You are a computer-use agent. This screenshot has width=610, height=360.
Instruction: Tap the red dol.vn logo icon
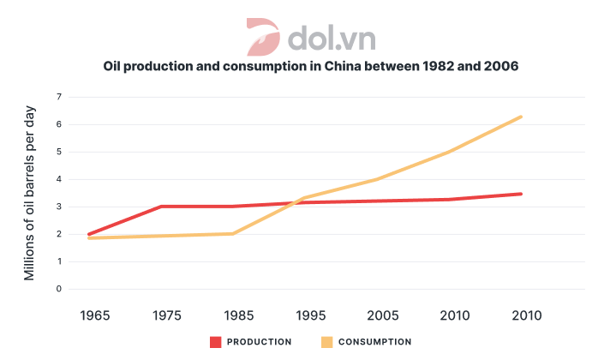tap(263, 37)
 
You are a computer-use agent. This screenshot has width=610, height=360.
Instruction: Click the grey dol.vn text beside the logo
tap(332, 38)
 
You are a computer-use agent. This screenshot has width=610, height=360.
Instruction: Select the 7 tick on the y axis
tap(58, 97)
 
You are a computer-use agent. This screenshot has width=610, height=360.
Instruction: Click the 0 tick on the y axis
tap(58, 289)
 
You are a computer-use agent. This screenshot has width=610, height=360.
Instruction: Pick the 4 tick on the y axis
tap(58, 179)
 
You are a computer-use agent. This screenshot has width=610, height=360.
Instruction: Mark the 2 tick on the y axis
tap(58, 234)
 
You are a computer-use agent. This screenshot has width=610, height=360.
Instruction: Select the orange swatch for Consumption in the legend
tap(327, 342)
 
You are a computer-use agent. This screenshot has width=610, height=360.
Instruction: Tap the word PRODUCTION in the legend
tap(260, 342)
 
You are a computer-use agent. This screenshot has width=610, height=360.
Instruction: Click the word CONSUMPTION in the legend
tap(374, 342)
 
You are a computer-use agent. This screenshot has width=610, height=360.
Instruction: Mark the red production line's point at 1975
tap(161, 207)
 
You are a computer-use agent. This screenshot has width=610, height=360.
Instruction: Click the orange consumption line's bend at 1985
tap(233, 233)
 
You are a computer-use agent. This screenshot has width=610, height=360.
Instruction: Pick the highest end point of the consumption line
tap(521, 117)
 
